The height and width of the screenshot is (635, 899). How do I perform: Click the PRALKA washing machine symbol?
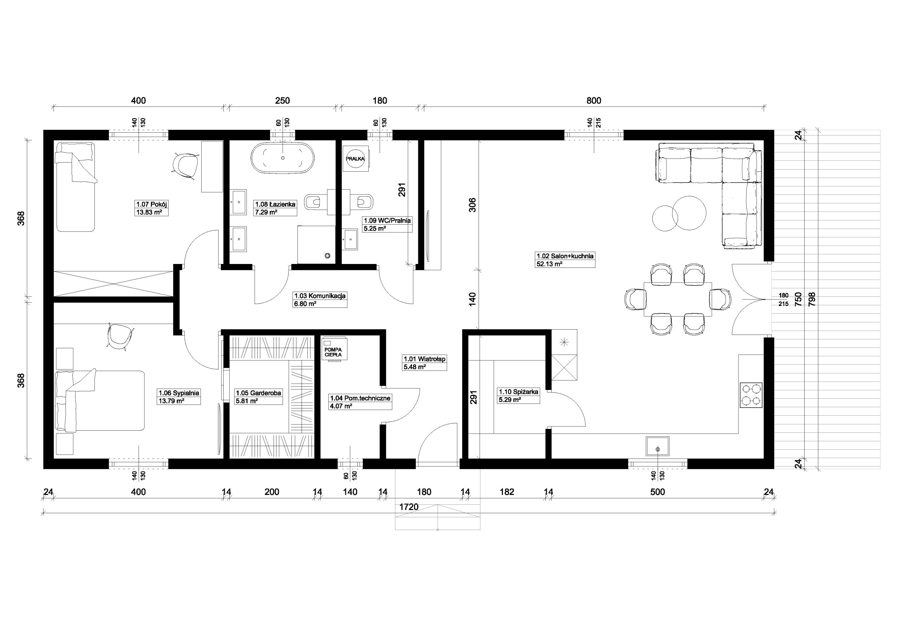(x=355, y=159)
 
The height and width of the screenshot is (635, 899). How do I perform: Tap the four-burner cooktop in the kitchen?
(x=751, y=395)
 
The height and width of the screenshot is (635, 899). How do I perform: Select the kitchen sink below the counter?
(x=658, y=446)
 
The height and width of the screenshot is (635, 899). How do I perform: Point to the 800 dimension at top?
(x=593, y=101)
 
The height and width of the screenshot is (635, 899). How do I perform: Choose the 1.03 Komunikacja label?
(x=320, y=296)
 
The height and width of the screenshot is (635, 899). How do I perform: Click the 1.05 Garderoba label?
(x=258, y=393)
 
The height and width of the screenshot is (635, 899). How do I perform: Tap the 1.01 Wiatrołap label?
(x=425, y=359)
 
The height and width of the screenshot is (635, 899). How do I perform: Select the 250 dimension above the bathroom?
(x=282, y=101)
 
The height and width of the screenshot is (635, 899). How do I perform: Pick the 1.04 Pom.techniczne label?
(x=360, y=398)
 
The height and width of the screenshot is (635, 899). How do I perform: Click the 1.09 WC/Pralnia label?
(x=387, y=221)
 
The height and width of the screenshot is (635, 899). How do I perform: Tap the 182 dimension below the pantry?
(x=507, y=492)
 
